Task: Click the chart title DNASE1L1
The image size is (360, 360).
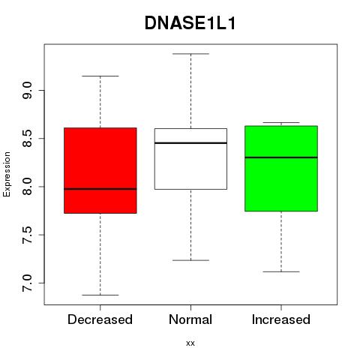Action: pyautogui.click(x=190, y=23)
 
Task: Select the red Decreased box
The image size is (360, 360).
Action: pyautogui.click(x=100, y=170)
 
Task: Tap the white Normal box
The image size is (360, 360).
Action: pyautogui.click(x=190, y=159)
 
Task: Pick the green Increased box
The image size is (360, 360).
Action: pyautogui.click(x=281, y=169)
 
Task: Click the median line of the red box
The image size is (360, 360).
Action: pyautogui.click(x=100, y=189)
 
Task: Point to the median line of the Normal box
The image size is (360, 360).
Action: pyautogui.click(x=190, y=143)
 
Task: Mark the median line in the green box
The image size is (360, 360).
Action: pyautogui.click(x=281, y=157)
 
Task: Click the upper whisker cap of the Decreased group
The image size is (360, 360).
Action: pyautogui.click(x=100, y=76)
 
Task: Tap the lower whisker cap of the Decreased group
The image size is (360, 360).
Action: pyautogui.click(x=100, y=295)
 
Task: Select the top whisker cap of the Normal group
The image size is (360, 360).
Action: pyautogui.click(x=191, y=54)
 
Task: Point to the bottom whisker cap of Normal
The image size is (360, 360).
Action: pyautogui.click(x=191, y=260)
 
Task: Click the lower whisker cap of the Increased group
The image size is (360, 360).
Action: pyautogui.click(x=281, y=271)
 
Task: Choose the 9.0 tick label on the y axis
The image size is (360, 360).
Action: pyautogui.click(x=27, y=91)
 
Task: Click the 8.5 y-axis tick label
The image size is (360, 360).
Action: pyautogui.click(x=27, y=139)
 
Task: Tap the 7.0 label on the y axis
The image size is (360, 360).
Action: pyautogui.click(x=27, y=283)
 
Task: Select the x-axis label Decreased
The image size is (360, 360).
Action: pyautogui.click(x=100, y=319)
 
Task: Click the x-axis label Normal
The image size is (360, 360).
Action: pyautogui.click(x=190, y=319)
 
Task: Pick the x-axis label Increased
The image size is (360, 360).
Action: pyautogui.click(x=281, y=319)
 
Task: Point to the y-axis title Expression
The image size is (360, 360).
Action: pyautogui.click(x=7, y=174)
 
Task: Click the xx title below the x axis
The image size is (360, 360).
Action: pyautogui.click(x=190, y=343)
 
